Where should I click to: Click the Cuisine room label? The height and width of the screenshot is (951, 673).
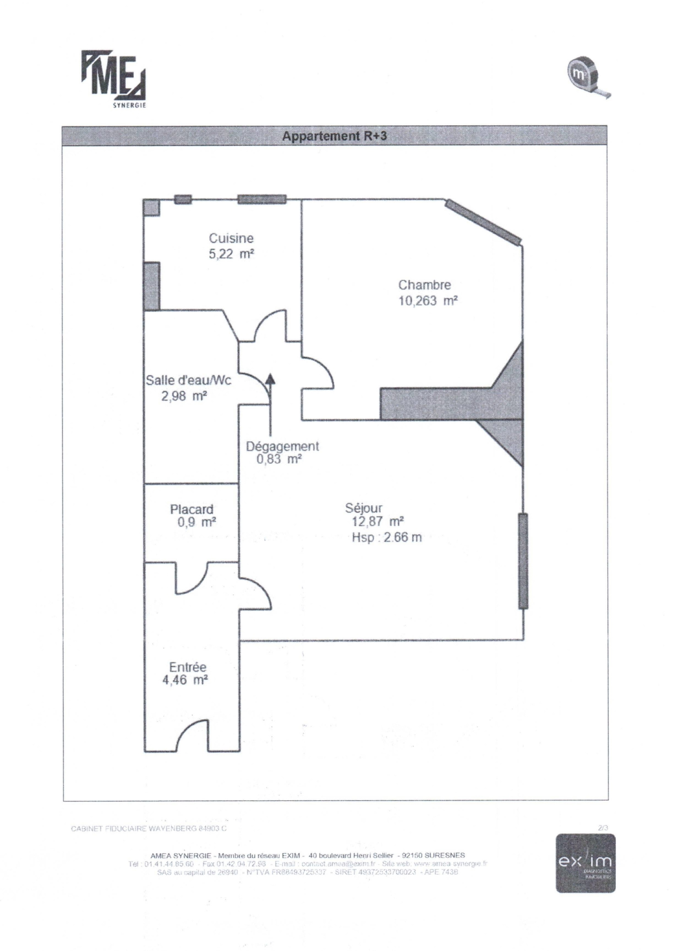tap(231, 238)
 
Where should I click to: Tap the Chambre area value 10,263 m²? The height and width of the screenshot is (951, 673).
tap(427, 301)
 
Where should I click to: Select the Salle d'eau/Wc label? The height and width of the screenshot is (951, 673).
tap(188, 380)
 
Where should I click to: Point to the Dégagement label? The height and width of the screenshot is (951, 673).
tap(282, 446)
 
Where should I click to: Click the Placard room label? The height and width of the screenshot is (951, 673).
tap(191, 509)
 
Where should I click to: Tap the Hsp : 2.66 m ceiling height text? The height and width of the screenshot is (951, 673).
tap(387, 537)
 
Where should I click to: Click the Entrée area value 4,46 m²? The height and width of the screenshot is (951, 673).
tap(185, 680)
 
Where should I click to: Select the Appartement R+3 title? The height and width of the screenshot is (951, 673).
tap(334, 137)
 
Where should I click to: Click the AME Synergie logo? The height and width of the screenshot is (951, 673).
tap(114, 79)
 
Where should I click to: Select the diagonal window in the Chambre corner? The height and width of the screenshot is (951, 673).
tap(484, 221)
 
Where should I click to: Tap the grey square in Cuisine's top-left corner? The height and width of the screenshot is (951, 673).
tap(151, 208)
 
